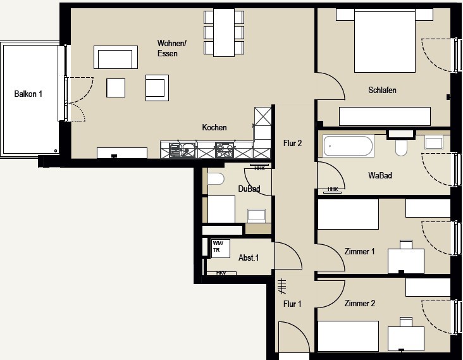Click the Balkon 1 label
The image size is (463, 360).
(28, 94)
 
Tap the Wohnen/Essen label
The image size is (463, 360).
(172, 48)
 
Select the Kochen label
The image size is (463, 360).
(214, 127)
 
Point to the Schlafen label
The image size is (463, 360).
(382, 90)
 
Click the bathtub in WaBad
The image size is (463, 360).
(348, 146)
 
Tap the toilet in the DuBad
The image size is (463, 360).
(216, 178)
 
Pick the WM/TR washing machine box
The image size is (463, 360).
(221, 249)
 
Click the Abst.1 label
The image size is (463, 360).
(249, 258)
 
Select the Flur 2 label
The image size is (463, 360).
(292, 143)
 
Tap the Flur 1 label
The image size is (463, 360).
(292, 304)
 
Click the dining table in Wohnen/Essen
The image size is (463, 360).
(224, 32)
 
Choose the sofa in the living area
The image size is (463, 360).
(116, 58)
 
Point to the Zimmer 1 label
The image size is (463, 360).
(360, 251)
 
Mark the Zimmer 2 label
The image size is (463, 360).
(360, 303)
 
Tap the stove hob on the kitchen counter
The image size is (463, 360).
(225, 150)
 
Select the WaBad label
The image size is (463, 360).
(380, 175)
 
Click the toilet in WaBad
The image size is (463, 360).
(401, 147)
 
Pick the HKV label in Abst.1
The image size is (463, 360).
(221, 273)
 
